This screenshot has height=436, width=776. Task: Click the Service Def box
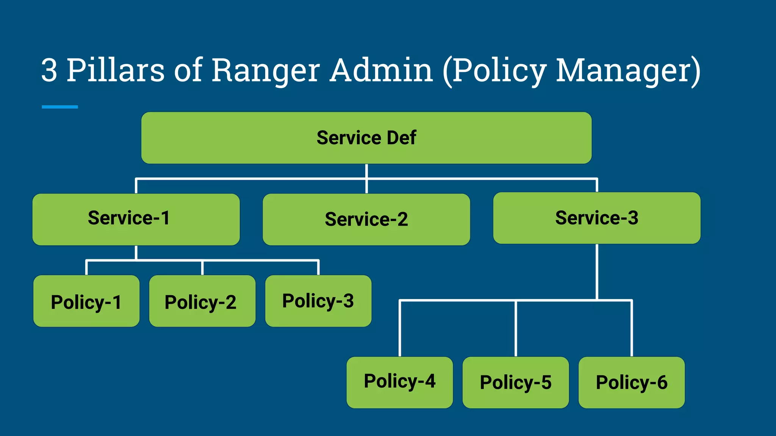pyautogui.click(x=366, y=138)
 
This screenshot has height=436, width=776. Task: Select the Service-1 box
pyautogui.click(x=136, y=219)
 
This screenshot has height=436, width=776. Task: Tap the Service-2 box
pyautogui.click(x=366, y=219)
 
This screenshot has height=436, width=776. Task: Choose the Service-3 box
pyautogui.click(x=596, y=218)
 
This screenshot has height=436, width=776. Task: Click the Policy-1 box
pyautogui.click(x=86, y=301)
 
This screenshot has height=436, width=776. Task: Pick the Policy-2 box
pyautogui.click(x=202, y=301)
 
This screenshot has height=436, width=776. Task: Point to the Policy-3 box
pyautogui.click(x=318, y=301)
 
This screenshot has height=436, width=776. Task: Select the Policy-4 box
pyautogui.click(x=399, y=382)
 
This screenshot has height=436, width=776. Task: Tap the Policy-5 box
pyautogui.click(x=515, y=382)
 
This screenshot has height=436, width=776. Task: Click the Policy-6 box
pyautogui.click(x=631, y=382)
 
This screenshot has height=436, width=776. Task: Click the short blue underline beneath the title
pyautogui.click(x=60, y=107)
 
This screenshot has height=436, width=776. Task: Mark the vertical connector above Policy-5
pyautogui.click(x=516, y=329)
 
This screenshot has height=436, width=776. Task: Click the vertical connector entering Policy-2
pyautogui.click(x=202, y=268)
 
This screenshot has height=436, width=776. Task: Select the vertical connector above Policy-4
pyautogui.click(x=400, y=329)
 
